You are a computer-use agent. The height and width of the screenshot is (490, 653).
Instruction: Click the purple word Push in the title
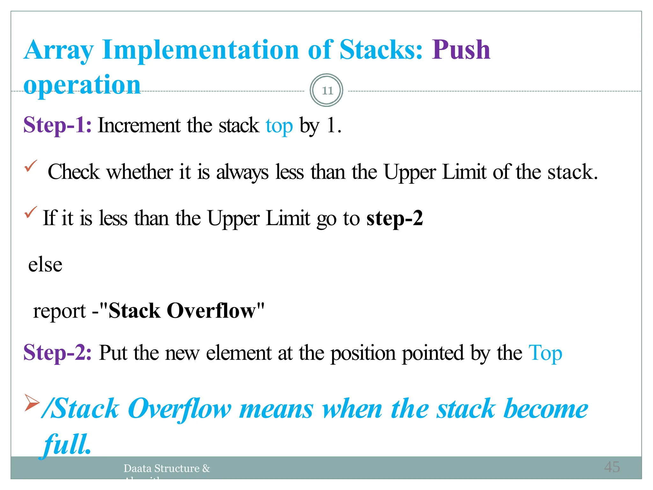point(461,50)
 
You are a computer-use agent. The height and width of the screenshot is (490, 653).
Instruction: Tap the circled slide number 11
point(326,91)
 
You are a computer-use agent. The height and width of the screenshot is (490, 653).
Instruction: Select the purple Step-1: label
point(57,125)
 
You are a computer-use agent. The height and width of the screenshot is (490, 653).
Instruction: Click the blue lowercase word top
point(279,126)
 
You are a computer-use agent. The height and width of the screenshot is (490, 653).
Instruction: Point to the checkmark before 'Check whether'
point(31,166)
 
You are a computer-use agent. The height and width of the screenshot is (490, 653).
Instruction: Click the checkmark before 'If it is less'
point(31,212)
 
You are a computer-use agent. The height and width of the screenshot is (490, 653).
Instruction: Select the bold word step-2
point(394,218)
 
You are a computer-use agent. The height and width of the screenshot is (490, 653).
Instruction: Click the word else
point(45,265)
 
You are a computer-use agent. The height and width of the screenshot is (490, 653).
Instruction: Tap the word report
point(59,311)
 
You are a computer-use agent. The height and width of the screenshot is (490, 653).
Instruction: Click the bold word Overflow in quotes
point(211,311)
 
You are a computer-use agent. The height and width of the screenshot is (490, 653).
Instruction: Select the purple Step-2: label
point(57,353)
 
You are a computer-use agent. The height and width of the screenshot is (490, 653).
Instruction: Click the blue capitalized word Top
point(545,353)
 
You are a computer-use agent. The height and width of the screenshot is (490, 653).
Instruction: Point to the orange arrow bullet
point(32,402)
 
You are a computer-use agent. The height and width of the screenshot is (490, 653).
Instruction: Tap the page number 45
point(612,467)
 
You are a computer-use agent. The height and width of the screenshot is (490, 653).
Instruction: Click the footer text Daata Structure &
point(167,468)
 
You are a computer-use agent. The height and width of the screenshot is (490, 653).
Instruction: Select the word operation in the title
point(82,85)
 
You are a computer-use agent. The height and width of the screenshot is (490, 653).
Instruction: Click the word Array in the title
point(59,50)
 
